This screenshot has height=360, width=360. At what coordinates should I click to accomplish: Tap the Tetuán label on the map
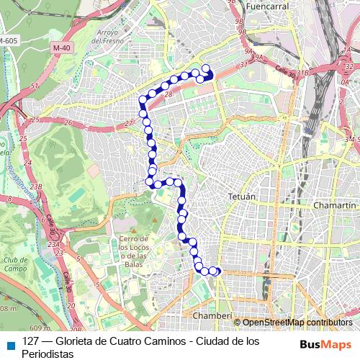pos(241,196)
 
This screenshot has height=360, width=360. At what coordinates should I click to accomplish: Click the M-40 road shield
pos(63,48)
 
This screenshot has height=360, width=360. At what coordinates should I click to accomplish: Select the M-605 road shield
pos(8,40)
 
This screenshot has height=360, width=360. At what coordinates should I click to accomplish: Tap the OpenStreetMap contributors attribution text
pos(298,323)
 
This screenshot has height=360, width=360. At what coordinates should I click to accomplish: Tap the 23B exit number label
pos(37,187)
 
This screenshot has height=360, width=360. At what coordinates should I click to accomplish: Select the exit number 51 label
pos(33,86)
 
